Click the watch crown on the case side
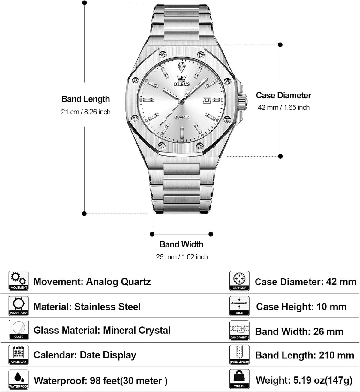tap(242, 101)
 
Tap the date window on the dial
tap(207, 100)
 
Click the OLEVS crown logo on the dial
tap(182, 80)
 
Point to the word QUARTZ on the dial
tap(182, 117)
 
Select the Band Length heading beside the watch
tap(85, 99)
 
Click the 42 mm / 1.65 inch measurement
tap(283, 107)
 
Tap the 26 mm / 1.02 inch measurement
tap(182, 257)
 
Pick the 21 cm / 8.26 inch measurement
tap(85, 112)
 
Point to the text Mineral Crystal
tap(137, 330)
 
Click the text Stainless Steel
tap(107, 307)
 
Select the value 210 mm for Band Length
tap(337, 355)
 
